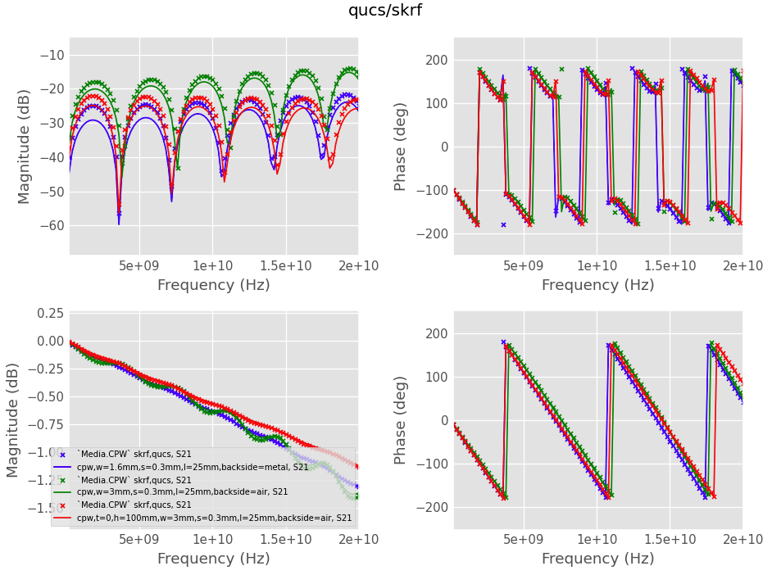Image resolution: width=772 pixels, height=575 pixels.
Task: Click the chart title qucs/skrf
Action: point(385,11)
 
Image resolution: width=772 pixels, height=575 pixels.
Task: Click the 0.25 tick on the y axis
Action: point(51,313)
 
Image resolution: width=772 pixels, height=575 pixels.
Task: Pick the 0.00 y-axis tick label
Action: point(51,341)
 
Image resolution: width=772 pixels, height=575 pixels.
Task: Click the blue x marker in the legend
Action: point(63,455)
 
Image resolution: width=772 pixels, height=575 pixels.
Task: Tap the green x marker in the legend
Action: point(63,480)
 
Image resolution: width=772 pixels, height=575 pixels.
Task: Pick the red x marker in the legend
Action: point(63,505)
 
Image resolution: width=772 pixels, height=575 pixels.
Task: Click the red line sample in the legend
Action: point(63,518)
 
